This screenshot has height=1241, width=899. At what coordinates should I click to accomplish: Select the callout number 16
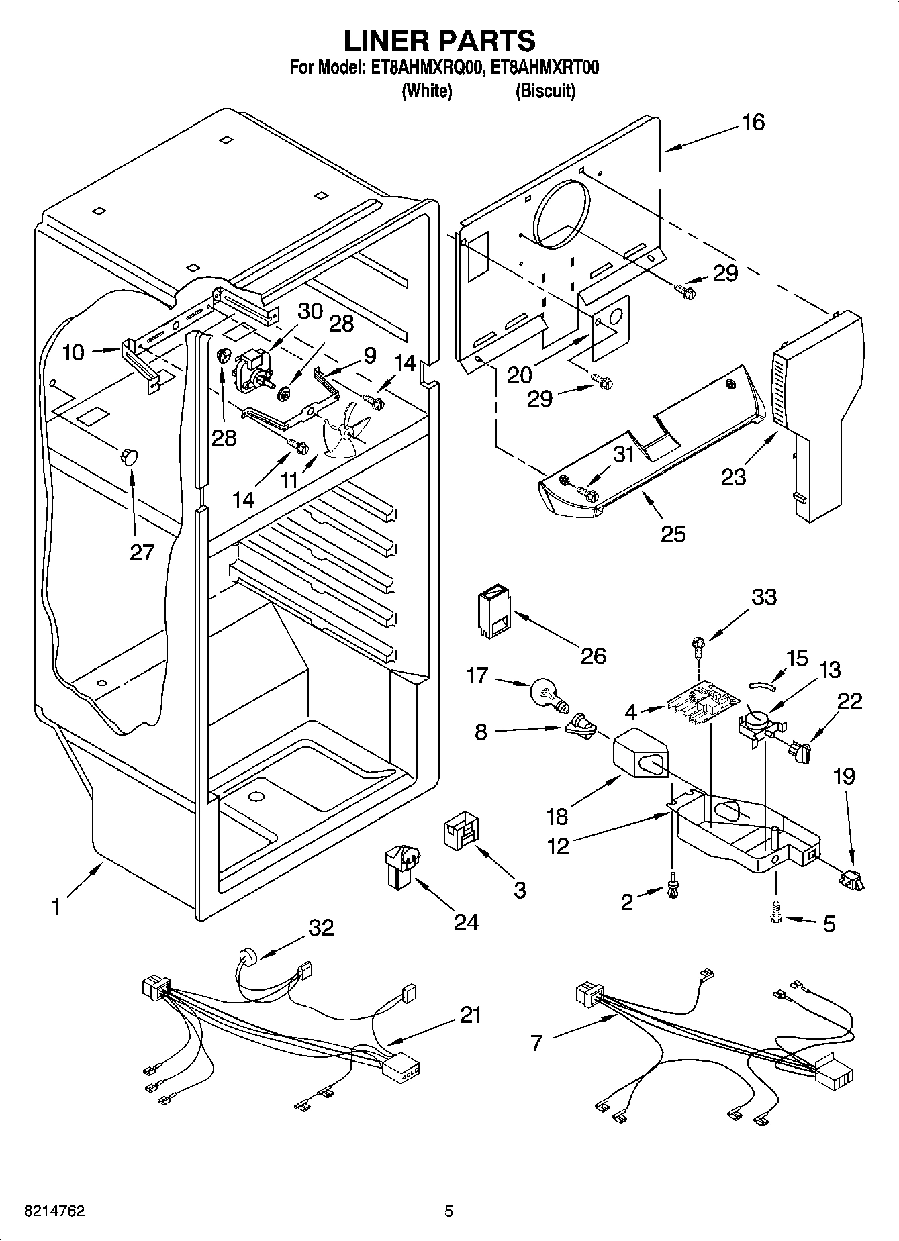click(753, 122)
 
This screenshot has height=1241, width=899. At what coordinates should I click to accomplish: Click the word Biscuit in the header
click(545, 91)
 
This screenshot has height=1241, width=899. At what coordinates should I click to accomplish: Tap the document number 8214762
click(54, 1212)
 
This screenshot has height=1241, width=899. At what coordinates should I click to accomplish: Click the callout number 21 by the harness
click(470, 1015)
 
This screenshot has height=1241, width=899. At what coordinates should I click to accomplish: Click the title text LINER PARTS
click(440, 40)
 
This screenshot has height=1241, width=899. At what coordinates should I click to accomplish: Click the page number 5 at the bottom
click(448, 1212)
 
